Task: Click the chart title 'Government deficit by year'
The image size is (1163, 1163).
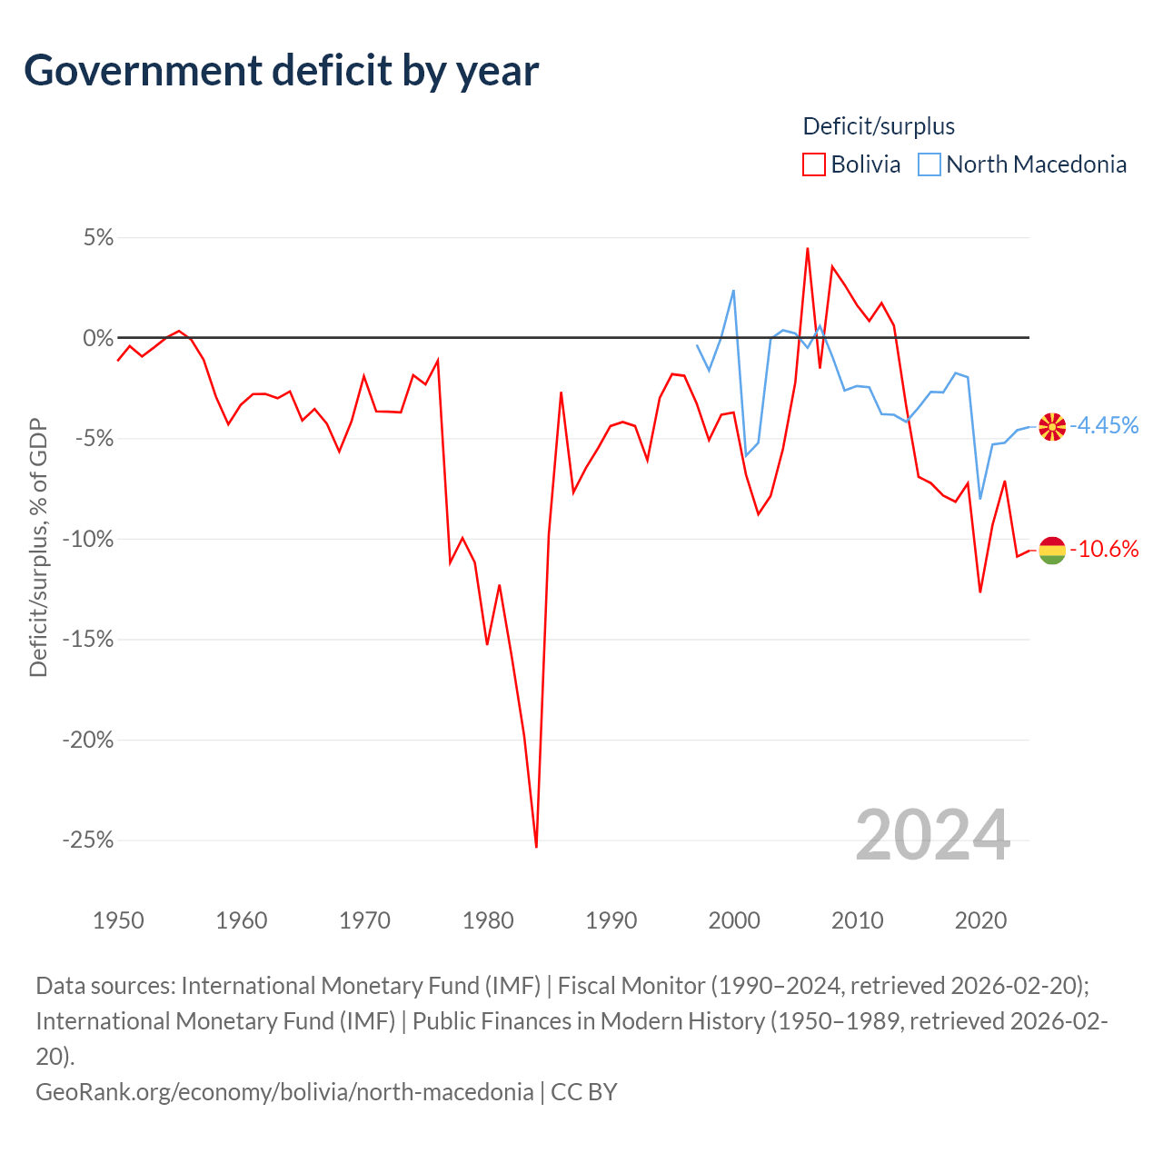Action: click(x=282, y=71)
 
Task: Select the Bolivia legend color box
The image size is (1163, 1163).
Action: click(x=814, y=164)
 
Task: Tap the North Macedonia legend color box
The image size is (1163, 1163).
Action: click(x=929, y=164)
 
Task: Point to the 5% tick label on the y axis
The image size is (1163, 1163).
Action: click(x=98, y=238)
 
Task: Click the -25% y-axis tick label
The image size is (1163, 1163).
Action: click(x=88, y=840)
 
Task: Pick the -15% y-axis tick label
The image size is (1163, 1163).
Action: click(x=88, y=639)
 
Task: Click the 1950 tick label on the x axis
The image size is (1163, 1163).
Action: click(x=118, y=920)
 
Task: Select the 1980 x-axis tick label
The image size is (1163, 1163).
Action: click(x=488, y=920)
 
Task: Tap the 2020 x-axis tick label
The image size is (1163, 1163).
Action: click(x=980, y=920)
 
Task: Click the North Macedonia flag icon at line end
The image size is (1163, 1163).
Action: click(x=1052, y=426)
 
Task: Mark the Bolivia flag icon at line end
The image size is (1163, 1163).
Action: click(x=1052, y=550)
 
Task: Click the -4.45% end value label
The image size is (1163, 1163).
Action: click(x=1104, y=425)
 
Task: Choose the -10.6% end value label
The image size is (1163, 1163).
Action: click(x=1104, y=549)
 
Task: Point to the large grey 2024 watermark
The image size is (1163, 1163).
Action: click(x=932, y=835)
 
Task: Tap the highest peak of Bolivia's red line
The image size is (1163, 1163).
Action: click(x=807, y=248)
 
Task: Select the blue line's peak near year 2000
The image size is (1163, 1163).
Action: click(x=733, y=291)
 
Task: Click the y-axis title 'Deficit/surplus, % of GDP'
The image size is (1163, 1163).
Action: click(x=38, y=547)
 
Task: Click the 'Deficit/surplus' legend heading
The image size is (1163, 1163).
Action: click(x=879, y=126)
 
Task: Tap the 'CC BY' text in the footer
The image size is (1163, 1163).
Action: click(x=584, y=1091)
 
